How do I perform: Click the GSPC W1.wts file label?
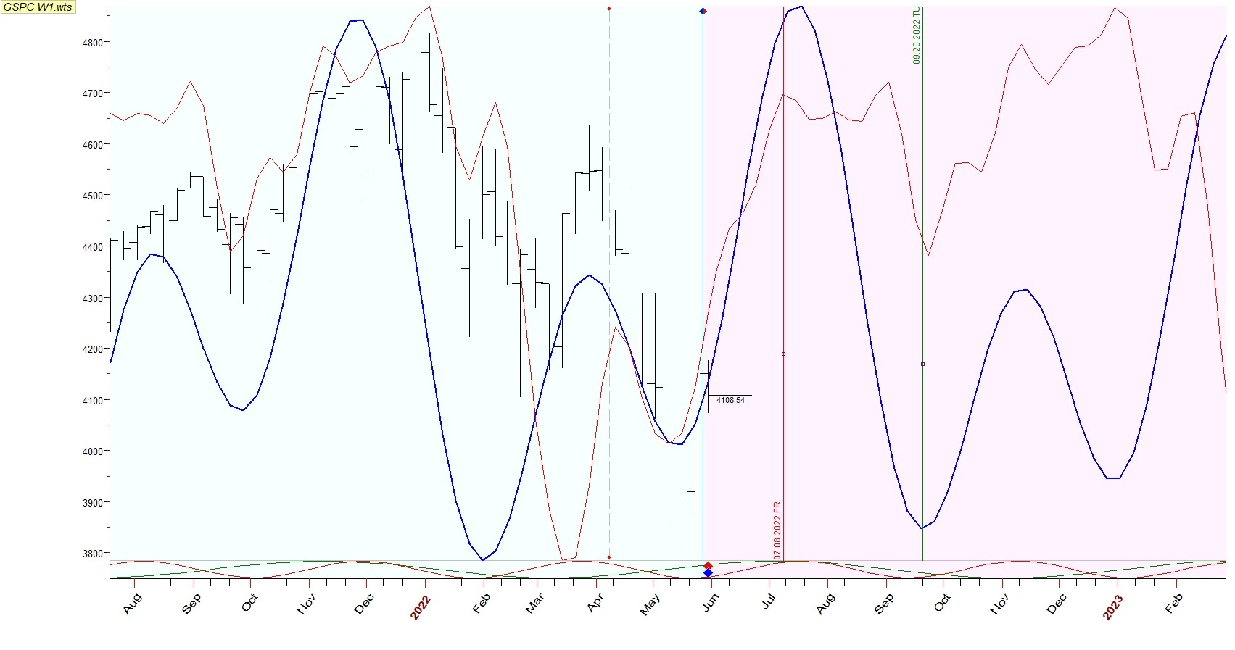tap(38, 7)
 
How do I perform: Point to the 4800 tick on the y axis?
tap(93, 42)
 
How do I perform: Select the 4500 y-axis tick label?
tap(93, 196)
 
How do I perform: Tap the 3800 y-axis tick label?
tap(93, 554)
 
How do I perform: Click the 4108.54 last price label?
tap(730, 400)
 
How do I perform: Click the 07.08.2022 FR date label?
tap(777, 530)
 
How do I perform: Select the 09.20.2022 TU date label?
tap(917, 36)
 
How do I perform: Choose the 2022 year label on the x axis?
tap(421, 607)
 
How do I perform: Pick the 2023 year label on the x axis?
tap(1113, 607)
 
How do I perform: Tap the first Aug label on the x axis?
tap(133, 604)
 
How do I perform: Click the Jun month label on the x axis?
tap(711, 602)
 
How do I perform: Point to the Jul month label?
tap(769, 601)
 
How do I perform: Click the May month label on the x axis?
tap(650, 604)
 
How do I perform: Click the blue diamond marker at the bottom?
tap(708, 573)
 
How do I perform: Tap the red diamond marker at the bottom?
tap(708, 566)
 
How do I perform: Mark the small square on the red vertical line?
tap(783, 354)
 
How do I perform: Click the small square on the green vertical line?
tap(922, 364)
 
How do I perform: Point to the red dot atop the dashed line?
tap(608, 9)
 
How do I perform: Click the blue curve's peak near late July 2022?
tap(800, 7)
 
